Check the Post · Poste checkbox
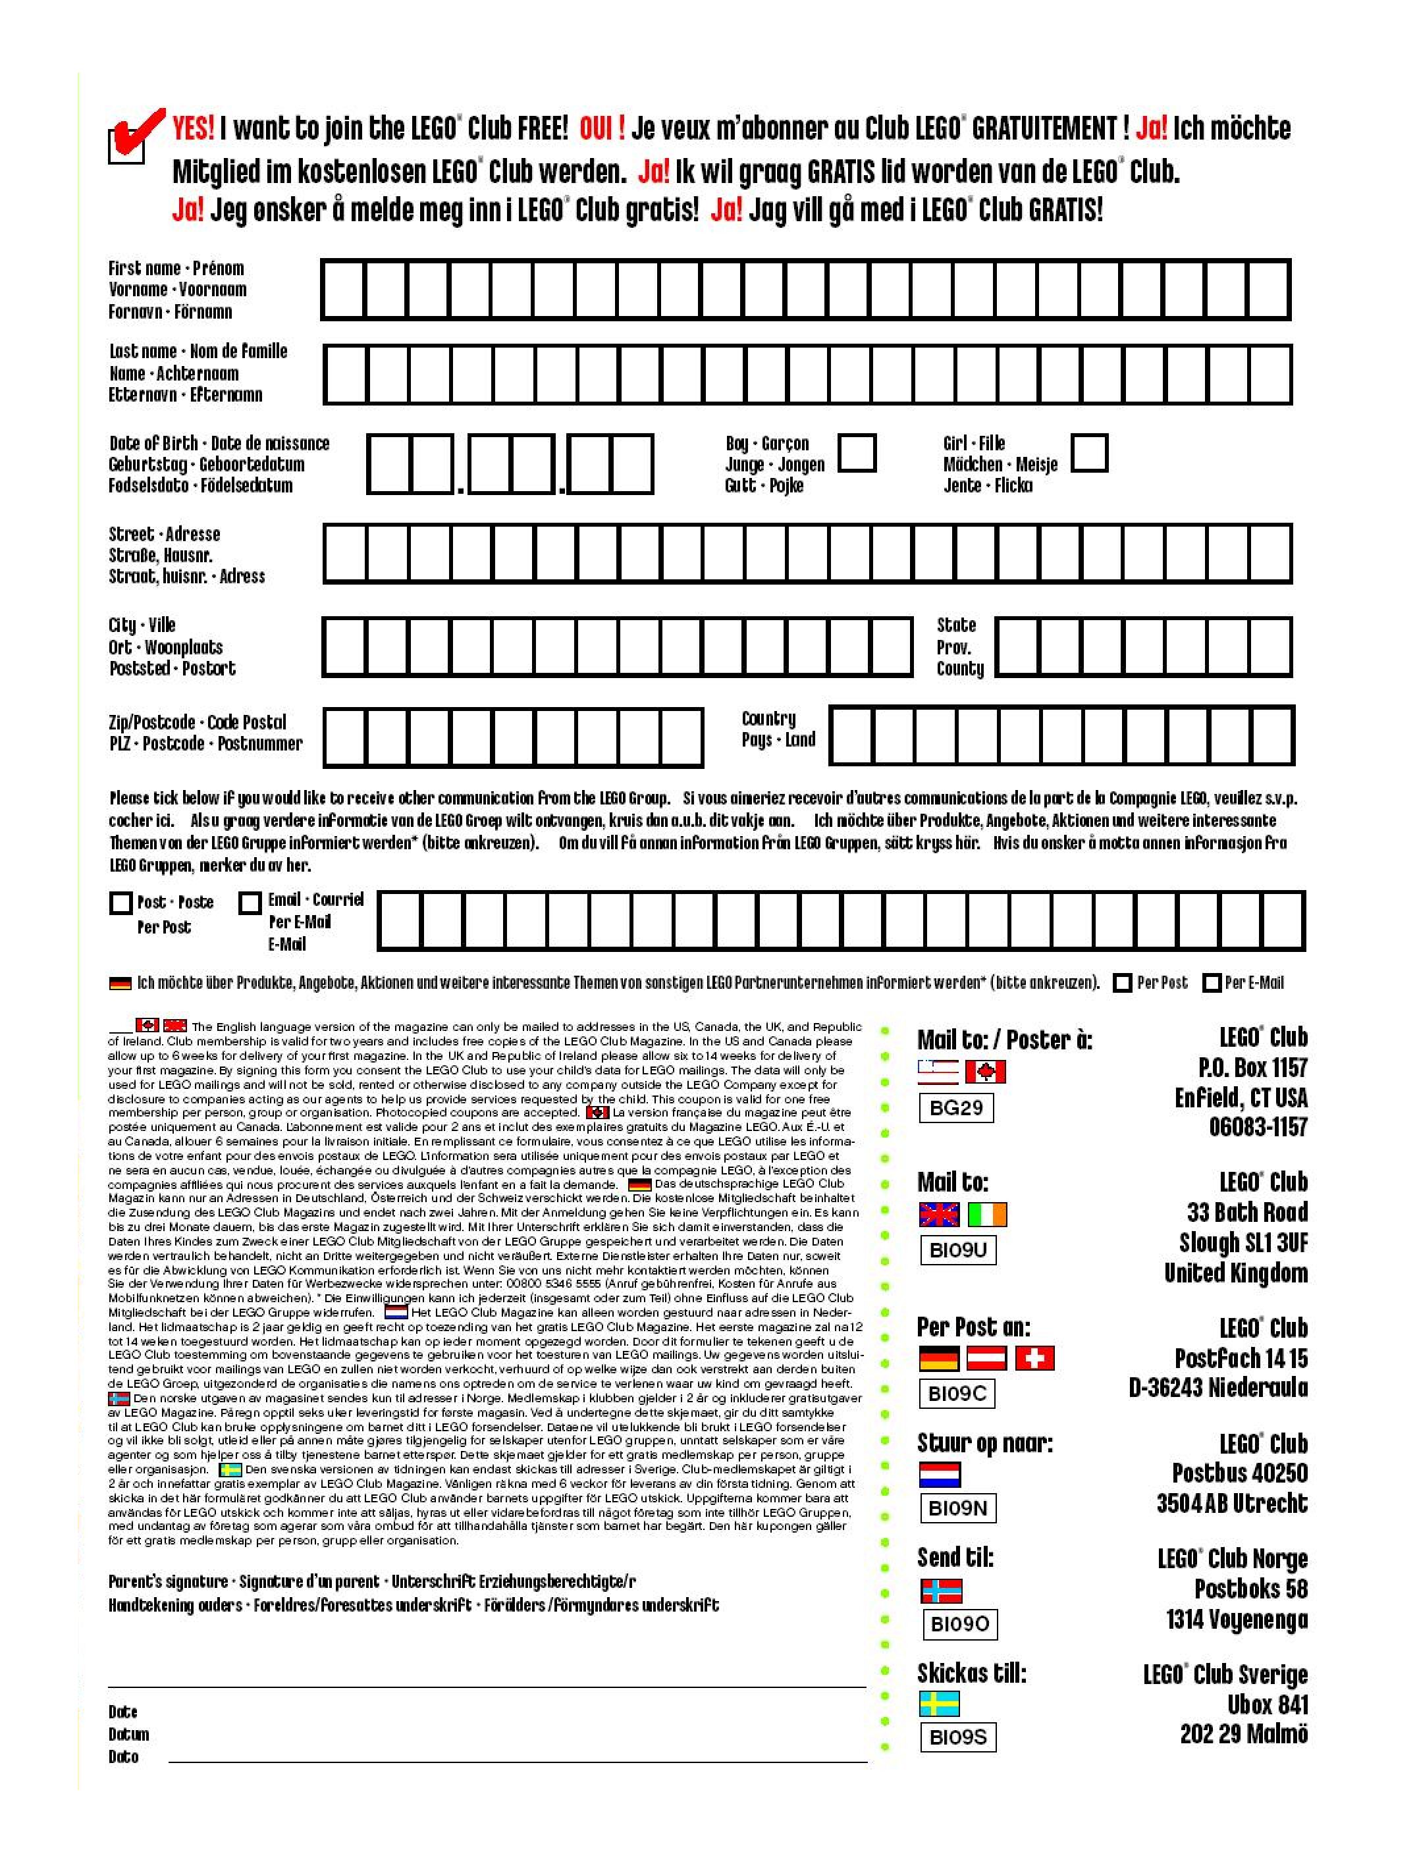121,903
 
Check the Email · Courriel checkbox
250,903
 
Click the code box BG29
956,1107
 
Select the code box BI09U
957,1250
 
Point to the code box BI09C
957,1393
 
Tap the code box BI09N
957,1508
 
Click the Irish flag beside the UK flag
986,1215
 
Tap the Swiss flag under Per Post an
1034,1358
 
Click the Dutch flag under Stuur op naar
939,1474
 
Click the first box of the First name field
344,289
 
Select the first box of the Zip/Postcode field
345,737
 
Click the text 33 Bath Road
1247,1212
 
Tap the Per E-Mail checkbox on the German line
1212,983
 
